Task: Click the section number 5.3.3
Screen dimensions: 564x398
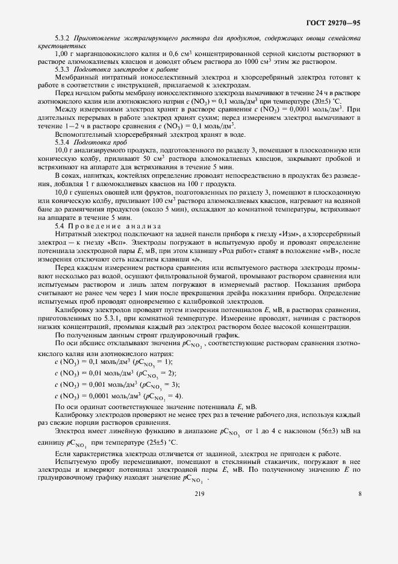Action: [63, 70]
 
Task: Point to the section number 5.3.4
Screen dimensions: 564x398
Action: [63, 141]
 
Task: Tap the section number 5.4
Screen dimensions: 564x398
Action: [60, 225]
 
